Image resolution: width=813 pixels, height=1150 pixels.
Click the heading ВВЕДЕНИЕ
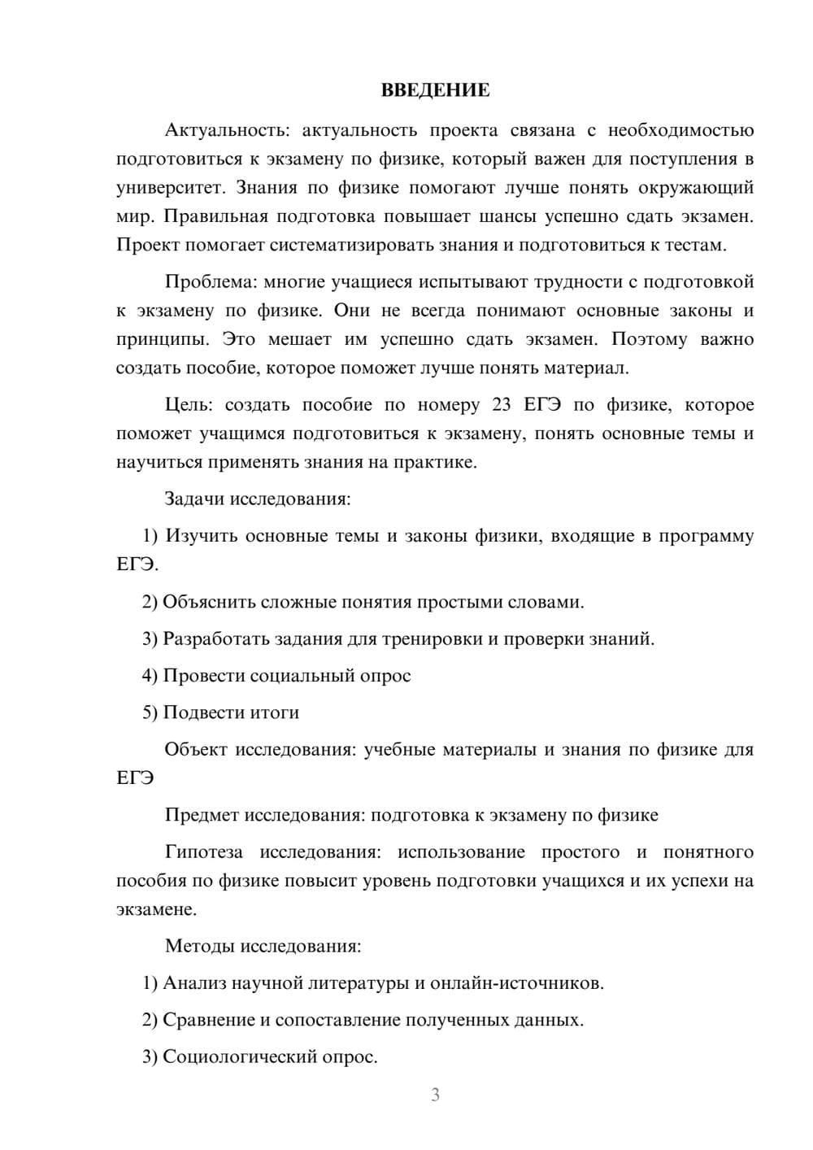coord(435,90)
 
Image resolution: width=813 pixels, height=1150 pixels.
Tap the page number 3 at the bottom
coord(435,1095)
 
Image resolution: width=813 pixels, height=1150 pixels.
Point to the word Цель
coord(189,405)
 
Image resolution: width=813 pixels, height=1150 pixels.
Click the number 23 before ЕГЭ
coord(503,405)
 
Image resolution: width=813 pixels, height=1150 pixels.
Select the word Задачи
coord(194,499)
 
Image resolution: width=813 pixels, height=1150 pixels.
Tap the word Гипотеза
coord(203,852)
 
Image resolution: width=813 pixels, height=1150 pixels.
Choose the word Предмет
coord(202,815)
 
